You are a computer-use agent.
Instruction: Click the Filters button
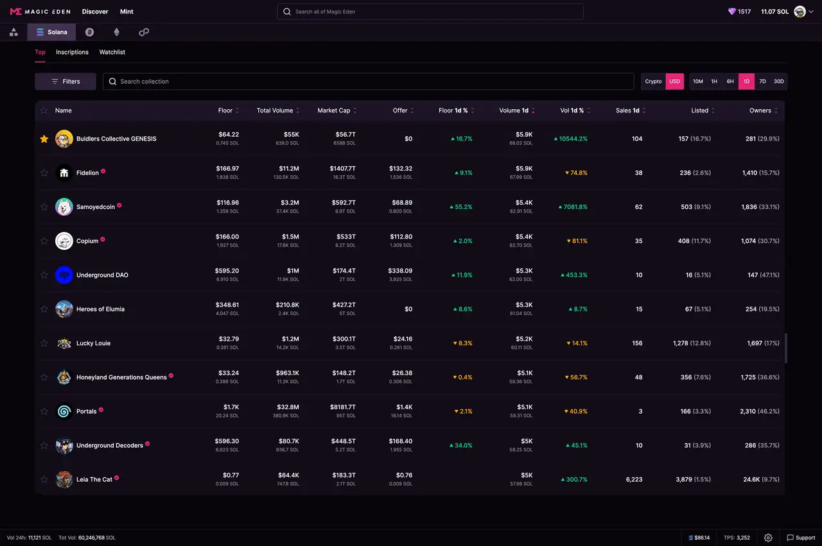[x=66, y=82]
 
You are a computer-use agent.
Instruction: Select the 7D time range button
[x=762, y=82]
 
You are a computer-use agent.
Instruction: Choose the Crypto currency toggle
[x=653, y=82]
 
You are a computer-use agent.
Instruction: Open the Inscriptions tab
[x=72, y=52]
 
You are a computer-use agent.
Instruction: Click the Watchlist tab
[x=112, y=52]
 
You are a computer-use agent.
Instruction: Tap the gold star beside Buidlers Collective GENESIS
[x=44, y=139]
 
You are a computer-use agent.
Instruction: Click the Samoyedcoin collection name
[x=96, y=207]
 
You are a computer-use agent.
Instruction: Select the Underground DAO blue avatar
[x=64, y=275]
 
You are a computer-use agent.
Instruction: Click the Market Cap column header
[x=334, y=110]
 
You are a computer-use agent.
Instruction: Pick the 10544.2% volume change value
[x=573, y=139]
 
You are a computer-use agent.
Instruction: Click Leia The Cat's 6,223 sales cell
[x=633, y=479]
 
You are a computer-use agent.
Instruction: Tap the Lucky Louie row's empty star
[x=44, y=343]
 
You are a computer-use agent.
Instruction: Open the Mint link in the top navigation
[x=127, y=12]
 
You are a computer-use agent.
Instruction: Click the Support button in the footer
[x=801, y=538]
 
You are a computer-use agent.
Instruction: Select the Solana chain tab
[x=52, y=32]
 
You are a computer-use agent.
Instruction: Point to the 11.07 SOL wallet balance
[x=774, y=12]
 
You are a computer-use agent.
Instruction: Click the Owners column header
[x=760, y=110]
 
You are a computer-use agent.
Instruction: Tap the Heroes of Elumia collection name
[x=100, y=309]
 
